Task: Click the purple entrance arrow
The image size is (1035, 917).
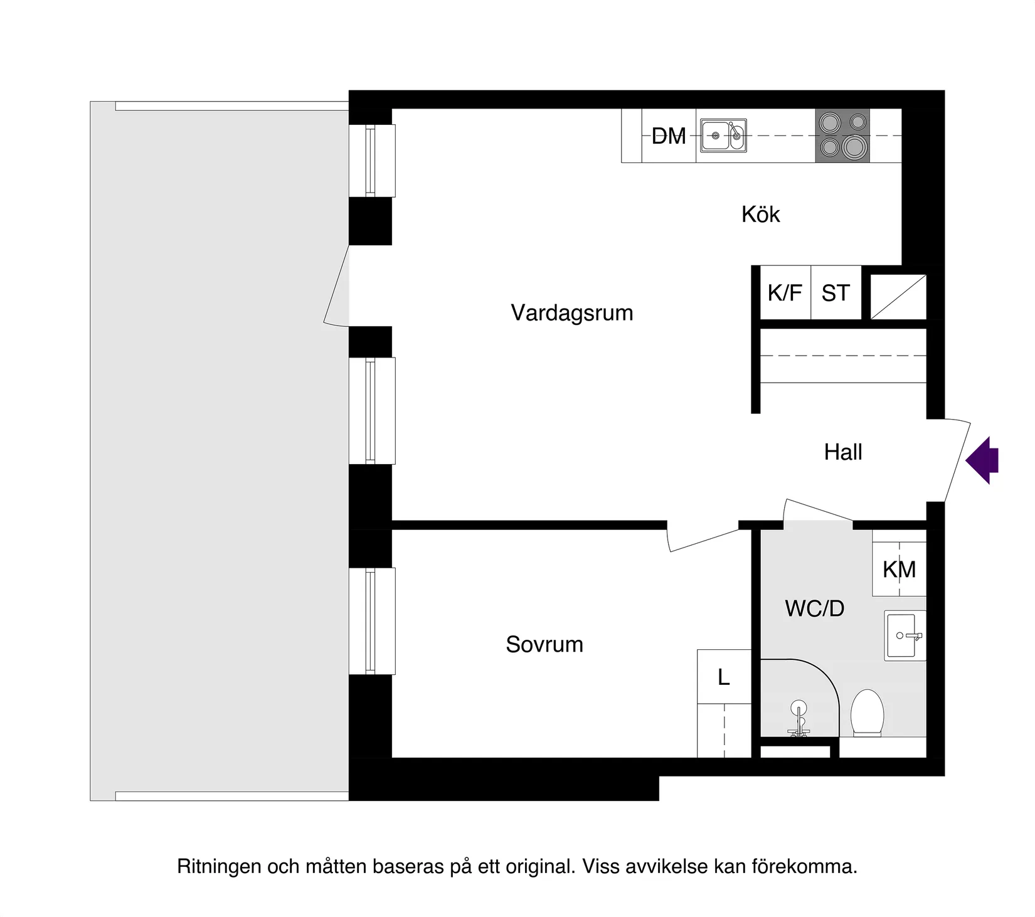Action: click(982, 460)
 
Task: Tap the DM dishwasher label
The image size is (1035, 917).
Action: click(669, 136)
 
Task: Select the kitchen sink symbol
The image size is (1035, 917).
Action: click(724, 135)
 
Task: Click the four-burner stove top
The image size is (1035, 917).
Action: click(842, 135)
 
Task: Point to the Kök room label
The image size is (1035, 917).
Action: click(760, 215)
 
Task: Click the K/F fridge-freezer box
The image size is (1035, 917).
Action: click(785, 293)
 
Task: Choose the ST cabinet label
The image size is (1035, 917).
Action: click(836, 293)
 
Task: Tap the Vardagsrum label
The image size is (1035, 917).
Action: click(571, 312)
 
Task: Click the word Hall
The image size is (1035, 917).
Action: click(842, 452)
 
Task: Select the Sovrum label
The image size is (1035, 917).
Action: click(544, 644)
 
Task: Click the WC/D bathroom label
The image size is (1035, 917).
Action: click(814, 608)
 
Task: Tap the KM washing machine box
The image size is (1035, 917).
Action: click(899, 569)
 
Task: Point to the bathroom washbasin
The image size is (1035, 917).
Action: click(905, 635)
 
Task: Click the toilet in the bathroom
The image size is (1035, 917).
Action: click(867, 713)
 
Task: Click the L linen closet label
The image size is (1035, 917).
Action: click(724, 677)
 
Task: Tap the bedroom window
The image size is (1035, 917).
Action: click(371, 621)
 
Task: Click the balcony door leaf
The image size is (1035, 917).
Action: click(337, 285)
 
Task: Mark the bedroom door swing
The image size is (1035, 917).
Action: click(703, 540)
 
